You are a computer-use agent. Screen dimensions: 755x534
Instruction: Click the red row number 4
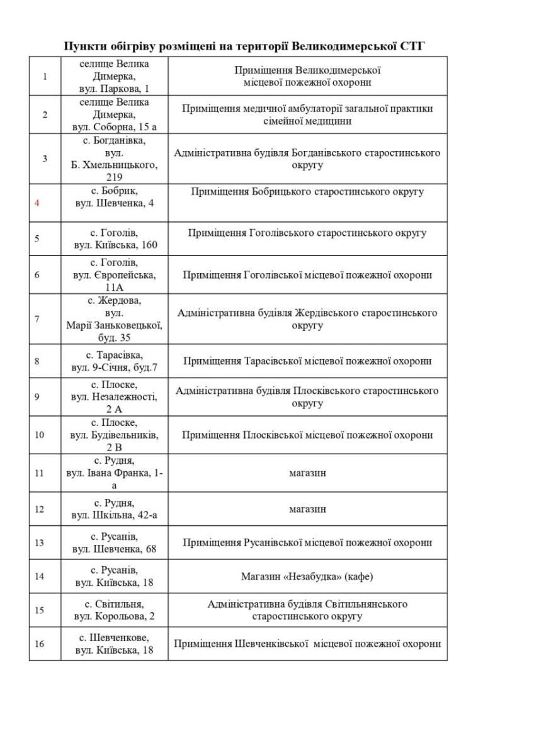37,203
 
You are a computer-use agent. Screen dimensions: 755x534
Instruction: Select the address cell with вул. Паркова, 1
114,76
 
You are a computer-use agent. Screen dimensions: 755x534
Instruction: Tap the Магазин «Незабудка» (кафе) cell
307,576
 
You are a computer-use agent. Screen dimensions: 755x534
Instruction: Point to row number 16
39,644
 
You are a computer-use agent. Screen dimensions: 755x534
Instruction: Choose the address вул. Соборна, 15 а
114,126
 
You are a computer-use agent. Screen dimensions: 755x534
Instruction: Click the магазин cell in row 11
307,472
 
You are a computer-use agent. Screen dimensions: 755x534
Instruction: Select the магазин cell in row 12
307,509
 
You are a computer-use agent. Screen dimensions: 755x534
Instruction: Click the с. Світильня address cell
114,610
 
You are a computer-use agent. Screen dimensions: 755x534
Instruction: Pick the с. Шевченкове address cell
114,643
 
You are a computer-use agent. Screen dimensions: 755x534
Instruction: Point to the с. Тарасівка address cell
114,361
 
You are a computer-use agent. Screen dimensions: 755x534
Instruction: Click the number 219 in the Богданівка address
114,177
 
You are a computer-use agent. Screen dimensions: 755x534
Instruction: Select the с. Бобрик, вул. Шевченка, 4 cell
114,196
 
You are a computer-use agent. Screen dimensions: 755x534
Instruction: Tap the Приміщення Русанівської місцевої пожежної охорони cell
307,542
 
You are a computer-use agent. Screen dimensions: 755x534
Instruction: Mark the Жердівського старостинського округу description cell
307,319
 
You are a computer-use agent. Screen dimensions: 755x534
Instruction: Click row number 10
39,435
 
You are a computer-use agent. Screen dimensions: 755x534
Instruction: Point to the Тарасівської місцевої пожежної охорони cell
307,361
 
